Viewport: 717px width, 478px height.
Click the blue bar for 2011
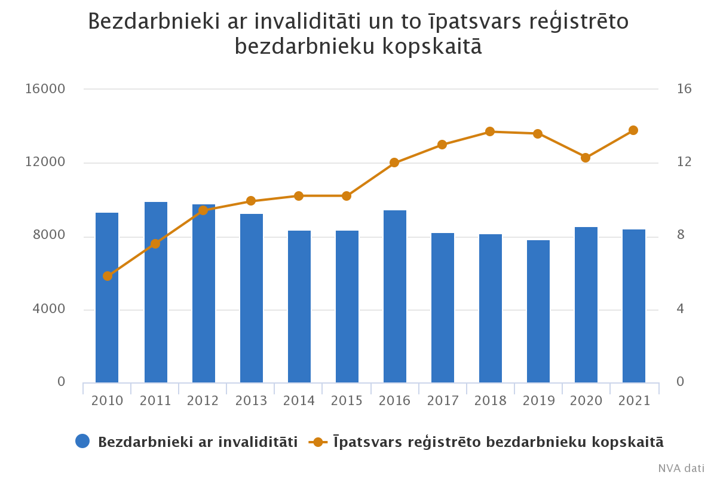156,292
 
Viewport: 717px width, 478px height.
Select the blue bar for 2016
395,296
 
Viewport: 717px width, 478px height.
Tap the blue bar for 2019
538,311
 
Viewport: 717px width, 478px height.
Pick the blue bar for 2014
299,307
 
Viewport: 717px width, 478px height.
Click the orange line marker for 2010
108,276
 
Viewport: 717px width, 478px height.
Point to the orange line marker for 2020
586,158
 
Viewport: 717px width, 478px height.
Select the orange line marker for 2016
394,163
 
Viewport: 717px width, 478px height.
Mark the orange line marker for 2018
490,131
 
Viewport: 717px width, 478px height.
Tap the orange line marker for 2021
633,130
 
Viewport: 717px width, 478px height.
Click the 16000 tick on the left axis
45,89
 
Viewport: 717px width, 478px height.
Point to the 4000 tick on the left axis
48,310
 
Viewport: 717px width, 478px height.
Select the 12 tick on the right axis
684,163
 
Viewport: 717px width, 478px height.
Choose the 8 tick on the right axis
681,236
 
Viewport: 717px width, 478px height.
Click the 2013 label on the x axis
251,401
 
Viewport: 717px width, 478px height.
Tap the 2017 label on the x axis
443,401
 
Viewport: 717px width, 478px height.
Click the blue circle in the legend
82,442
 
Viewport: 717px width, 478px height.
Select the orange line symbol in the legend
318,442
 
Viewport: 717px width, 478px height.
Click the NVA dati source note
681,468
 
